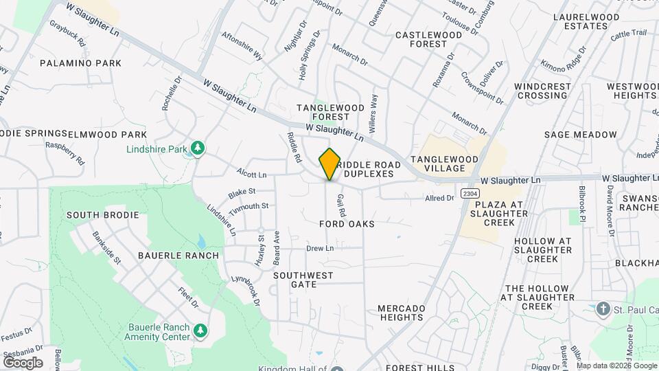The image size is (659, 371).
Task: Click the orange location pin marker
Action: [330, 164]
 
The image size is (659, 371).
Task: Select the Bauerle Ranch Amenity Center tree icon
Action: [200, 332]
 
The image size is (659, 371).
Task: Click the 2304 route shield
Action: [470, 193]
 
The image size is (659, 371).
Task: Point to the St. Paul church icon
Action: [603, 308]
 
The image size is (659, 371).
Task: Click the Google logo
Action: [23, 362]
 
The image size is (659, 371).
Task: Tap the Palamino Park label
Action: [80, 63]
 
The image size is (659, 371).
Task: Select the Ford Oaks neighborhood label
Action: [347, 224]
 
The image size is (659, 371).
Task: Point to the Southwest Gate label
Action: [303, 280]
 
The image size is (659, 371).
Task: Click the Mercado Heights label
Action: [402, 313]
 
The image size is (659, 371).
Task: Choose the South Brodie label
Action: [103, 215]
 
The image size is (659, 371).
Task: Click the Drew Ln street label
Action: [320, 248]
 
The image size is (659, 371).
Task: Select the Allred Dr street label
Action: [440, 198]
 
